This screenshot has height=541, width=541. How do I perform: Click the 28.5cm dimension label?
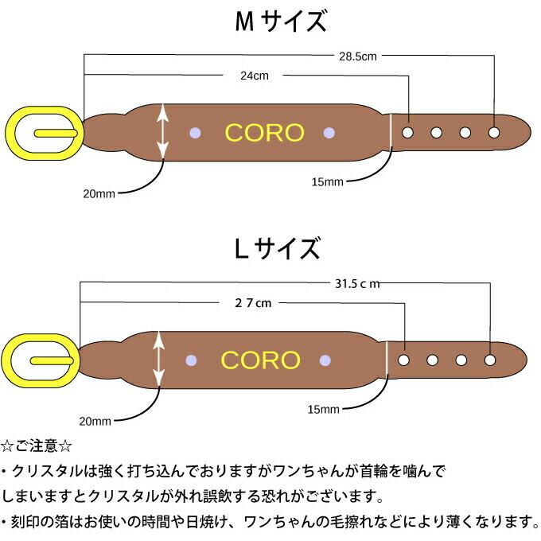[x=357, y=56]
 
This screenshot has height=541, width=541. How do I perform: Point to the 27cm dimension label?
[x=253, y=303]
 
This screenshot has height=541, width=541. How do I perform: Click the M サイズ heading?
[x=281, y=21]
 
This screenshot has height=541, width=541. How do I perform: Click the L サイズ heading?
[x=277, y=248]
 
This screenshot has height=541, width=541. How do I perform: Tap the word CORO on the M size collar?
[x=264, y=133]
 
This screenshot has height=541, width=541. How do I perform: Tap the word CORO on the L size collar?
[x=260, y=360]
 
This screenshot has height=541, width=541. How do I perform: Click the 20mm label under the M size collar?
[x=99, y=193]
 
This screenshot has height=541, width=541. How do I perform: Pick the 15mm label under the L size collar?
[x=323, y=409]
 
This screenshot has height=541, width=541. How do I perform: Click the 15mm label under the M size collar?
[x=327, y=182]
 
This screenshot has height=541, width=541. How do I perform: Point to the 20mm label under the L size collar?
[x=95, y=421]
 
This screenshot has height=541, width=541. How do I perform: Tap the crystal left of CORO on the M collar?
[x=194, y=132]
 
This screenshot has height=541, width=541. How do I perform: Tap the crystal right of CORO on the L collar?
[x=325, y=360]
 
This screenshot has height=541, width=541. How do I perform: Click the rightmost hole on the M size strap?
[x=495, y=132]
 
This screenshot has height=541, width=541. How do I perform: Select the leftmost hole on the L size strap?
[x=404, y=360]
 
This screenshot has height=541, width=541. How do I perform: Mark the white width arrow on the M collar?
[x=163, y=132]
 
